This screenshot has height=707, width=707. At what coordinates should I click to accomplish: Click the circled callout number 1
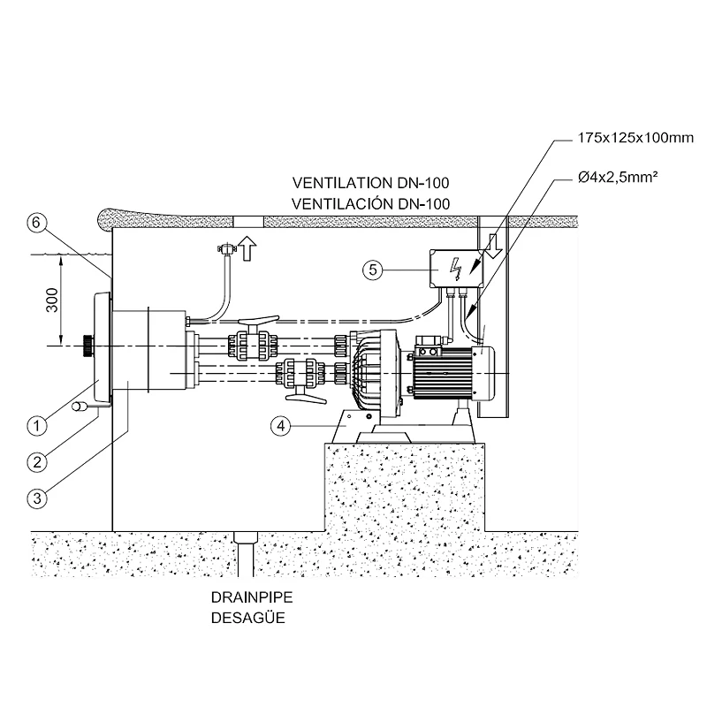tap(36, 426)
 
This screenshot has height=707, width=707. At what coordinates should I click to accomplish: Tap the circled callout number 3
tap(36, 498)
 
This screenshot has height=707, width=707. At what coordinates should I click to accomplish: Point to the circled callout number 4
tap(280, 426)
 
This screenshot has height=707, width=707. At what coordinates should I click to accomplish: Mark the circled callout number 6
tap(35, 223)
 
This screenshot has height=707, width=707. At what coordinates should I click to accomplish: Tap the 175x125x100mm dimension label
tap(622, 138)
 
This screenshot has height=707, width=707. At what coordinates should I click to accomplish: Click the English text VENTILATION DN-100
tap(371, 184)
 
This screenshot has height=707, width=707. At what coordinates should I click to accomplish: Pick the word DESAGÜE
tap(244, 618)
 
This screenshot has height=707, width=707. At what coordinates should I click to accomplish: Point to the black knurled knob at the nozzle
tap(86, 346)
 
